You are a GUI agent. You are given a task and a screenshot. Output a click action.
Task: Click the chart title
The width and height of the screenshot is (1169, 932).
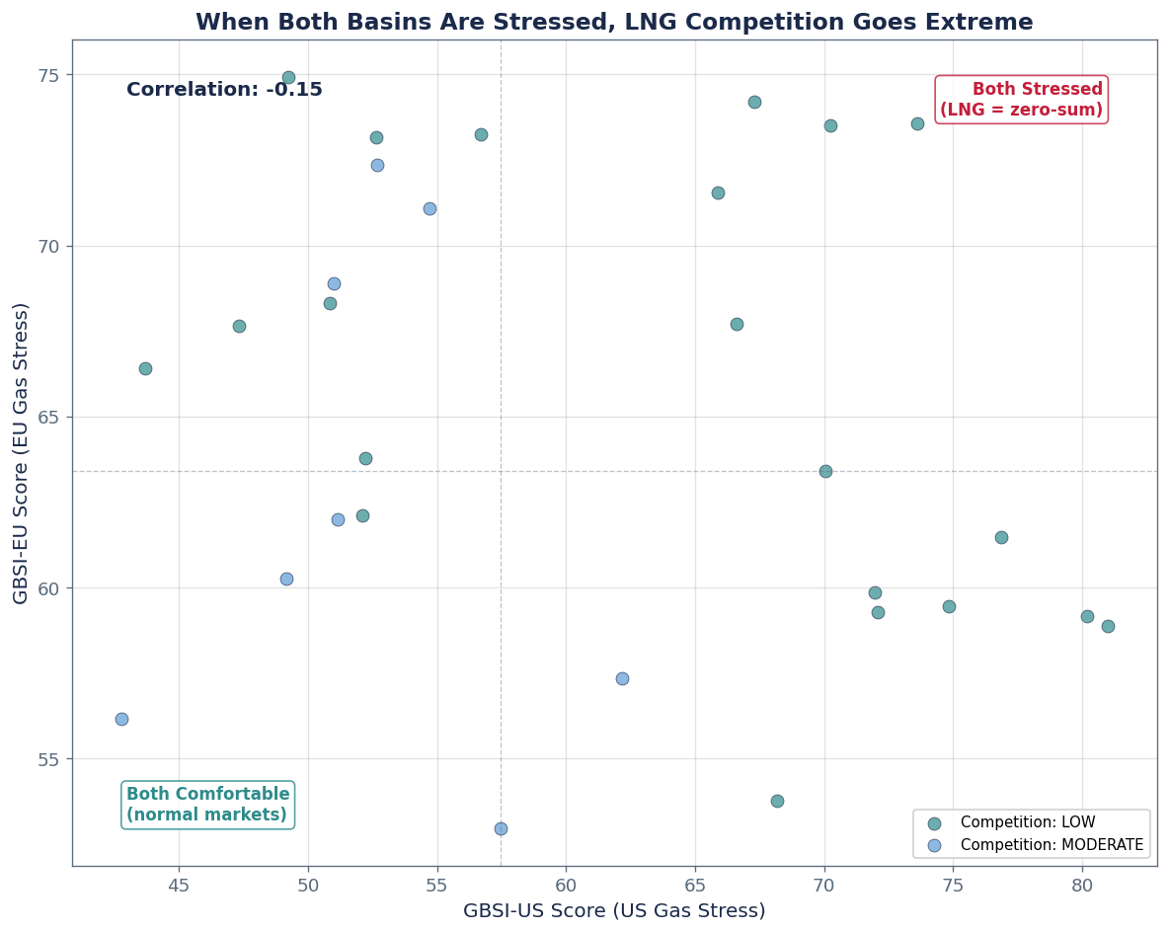click(613, 22)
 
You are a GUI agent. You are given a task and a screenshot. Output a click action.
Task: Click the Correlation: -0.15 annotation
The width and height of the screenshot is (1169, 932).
click(224, 90)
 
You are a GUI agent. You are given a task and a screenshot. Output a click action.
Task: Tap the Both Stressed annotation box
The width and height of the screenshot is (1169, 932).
click(1021, 100)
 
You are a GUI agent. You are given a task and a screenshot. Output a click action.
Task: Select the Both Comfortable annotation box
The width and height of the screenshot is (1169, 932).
click(208, 805)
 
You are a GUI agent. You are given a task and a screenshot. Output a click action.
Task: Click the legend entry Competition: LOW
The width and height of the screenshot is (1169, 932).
click(1027, 822)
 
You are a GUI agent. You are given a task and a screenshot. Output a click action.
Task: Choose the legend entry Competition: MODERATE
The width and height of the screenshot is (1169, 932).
click(1051, 845)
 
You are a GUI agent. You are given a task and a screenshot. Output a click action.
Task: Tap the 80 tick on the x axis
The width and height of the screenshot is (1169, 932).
click(1082, 884)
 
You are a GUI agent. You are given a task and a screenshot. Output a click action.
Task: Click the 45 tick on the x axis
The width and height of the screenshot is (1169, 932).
click(179, 884)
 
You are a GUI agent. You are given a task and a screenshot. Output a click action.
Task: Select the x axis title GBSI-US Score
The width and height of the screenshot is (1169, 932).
click(613, 910)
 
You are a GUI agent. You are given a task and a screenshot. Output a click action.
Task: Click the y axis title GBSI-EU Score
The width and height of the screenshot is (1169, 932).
click(21, 453)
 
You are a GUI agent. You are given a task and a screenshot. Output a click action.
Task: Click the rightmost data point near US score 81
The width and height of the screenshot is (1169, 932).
click(1108, 626)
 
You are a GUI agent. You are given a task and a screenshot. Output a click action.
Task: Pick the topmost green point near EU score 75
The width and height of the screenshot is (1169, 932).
click(288, 77)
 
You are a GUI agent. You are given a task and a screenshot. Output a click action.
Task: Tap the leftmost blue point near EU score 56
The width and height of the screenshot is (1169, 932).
click(121, 719)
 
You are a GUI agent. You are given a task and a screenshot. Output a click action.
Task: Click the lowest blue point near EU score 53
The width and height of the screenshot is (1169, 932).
click(501, 828)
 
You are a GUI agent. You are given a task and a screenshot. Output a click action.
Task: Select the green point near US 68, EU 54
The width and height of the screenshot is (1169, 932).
click(777, 801)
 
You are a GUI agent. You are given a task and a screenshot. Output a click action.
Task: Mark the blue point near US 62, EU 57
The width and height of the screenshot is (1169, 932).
click(622, 678)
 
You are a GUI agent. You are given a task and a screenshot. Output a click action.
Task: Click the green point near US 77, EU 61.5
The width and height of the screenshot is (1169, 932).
click(1001, 537)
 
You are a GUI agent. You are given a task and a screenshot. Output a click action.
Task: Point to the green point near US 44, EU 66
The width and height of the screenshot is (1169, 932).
click(145, 368)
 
